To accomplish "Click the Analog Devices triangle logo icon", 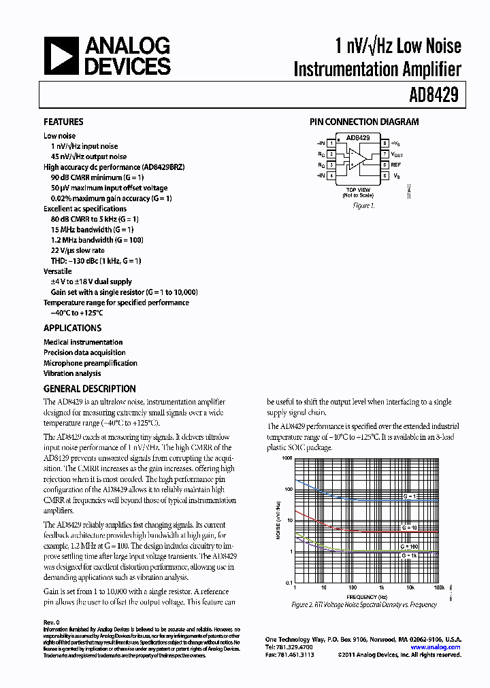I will pos(60,56).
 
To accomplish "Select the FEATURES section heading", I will pos(63,122).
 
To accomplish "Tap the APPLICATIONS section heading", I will pos(72,328).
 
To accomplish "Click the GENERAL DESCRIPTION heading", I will pos(89,389).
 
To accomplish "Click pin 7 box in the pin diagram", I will pos(384,154).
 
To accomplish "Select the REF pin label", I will pos(396,165).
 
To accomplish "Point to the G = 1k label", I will pos(409,555).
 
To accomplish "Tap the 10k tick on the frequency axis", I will pos(411,587).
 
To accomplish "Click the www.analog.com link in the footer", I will pos(439,648).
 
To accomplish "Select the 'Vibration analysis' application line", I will pos(72,373).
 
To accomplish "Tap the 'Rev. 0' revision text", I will pos(52,623).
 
